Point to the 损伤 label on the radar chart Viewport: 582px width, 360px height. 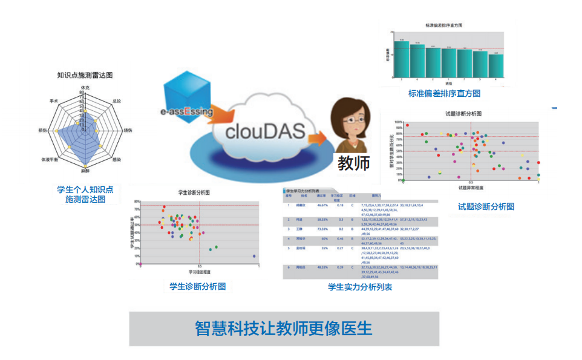(x=43, y=130)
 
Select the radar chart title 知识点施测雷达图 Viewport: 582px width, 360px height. (x=85, y=76)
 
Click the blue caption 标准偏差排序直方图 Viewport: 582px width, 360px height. (x=444, y=94)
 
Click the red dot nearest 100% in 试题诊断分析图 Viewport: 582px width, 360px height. (x=407, y=125)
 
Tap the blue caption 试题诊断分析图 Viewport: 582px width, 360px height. (x=486, y=206)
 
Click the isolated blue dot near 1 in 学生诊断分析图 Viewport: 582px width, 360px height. (x=253, y=257)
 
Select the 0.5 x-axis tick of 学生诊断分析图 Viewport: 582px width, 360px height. (x=199, y=267)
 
